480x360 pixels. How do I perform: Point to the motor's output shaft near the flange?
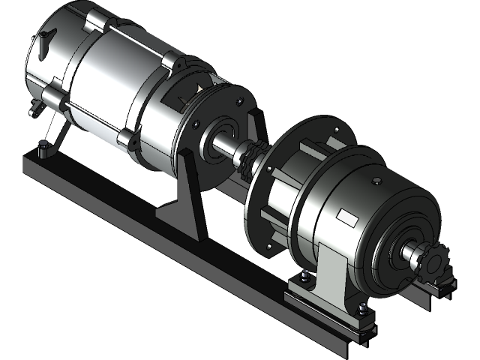pos(225,143)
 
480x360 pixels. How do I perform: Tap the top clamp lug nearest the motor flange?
pos(170,61)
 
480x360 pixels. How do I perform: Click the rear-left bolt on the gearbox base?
pos(306,278)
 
